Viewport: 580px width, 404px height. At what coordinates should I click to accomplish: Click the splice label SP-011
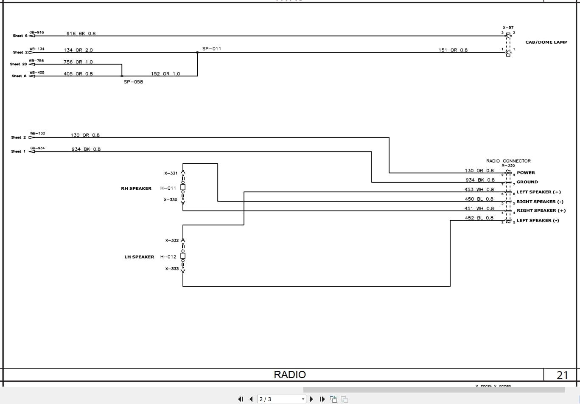coord(211,49)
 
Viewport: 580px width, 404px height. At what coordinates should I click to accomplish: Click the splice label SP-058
coord(133,82)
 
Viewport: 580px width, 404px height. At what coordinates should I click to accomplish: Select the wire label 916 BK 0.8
coord(81,34)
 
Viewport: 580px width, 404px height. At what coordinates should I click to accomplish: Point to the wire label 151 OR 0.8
coord(453,50)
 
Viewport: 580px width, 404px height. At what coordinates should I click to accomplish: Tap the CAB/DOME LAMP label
coord(546,42)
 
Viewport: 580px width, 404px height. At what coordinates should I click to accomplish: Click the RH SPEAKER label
coord(136,188)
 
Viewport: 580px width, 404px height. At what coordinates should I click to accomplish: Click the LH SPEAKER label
coord(139,257)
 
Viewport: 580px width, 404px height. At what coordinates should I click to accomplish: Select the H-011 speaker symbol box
coord(183,188)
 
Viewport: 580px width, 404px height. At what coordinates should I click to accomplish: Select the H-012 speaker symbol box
coord(183,256)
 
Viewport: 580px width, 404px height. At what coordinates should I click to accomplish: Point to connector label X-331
coord(171,173)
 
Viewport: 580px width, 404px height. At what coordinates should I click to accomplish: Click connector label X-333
coord(172,269)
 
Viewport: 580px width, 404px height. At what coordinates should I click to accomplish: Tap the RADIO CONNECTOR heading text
coord(508,161)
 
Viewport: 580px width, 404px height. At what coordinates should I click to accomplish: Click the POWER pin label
coord(526,173)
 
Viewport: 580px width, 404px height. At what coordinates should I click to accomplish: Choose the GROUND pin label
coord(527,182)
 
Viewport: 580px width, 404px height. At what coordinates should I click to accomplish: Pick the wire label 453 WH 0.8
coord(479,190)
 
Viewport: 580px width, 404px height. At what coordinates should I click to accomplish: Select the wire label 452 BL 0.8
coord(479,218)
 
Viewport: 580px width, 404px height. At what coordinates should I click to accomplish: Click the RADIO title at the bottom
coord(290,374)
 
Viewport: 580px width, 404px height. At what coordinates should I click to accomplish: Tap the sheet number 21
coord(562,375)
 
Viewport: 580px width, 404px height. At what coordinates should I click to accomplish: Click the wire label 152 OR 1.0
coord(165,74)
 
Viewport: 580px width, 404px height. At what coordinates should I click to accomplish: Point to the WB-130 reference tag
coord(37,134)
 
